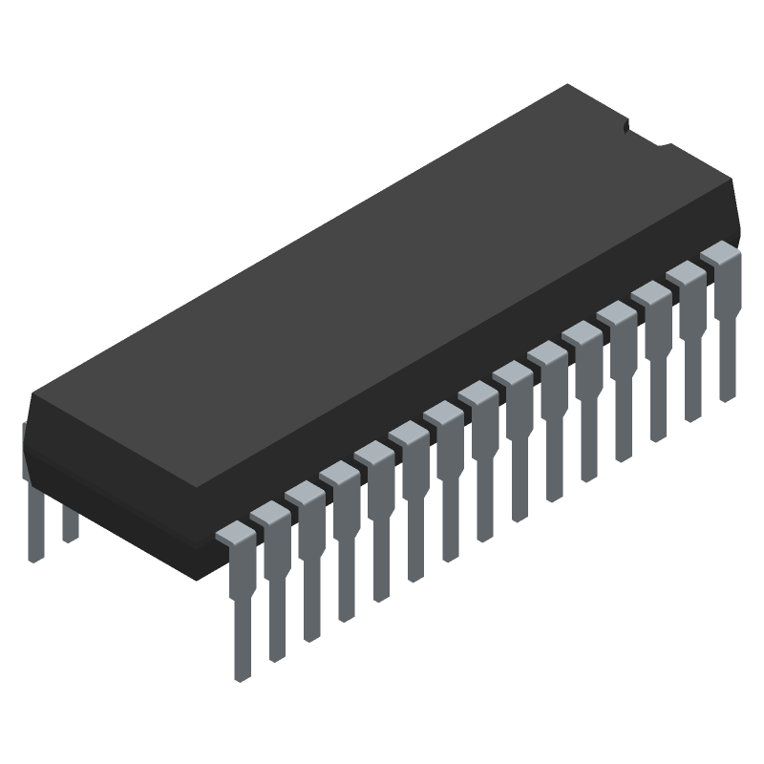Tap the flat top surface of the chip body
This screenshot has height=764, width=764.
(x=382, y=286)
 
